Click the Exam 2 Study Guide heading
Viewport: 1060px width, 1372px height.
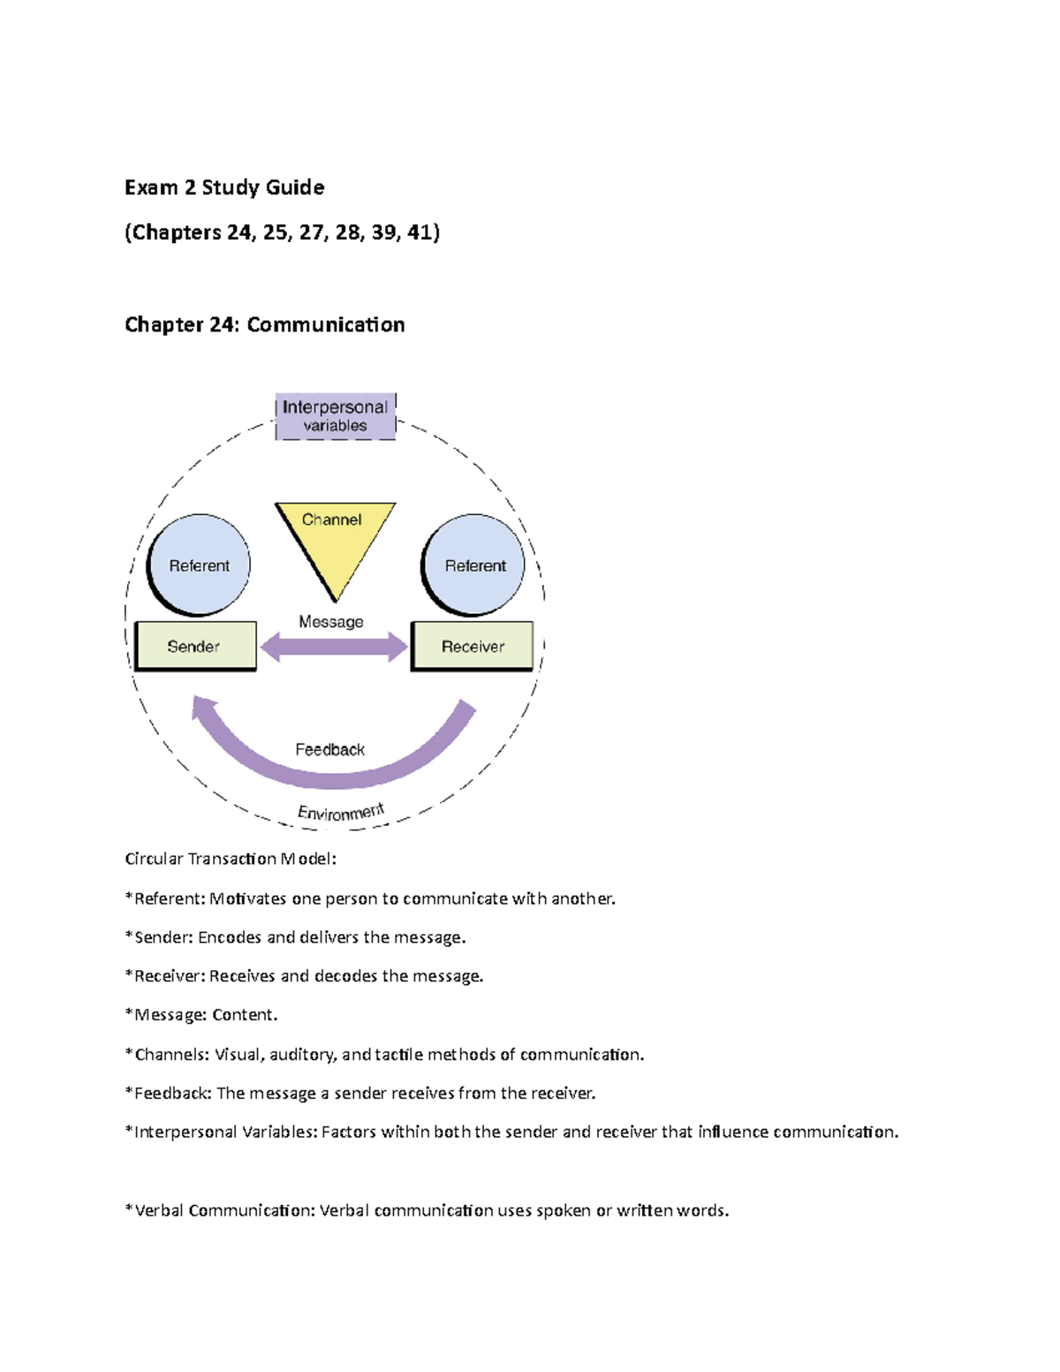[x=224, y=187]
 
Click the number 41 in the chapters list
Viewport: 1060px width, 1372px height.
[x=419, y=232]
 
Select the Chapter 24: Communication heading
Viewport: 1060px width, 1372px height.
[x=264, y=324]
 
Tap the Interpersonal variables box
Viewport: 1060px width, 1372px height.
[x=335, y=416]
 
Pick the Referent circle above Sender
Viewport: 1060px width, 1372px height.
[x=199, y=565]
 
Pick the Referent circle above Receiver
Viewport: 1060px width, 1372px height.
[x=474, y=565]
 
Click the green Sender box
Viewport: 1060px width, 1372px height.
[x=195, y=646]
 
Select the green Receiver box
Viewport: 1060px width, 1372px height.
[x=472, y=646]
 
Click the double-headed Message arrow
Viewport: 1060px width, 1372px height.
[x=334, y=647]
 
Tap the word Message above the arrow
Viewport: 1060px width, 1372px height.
[x=330, y=621]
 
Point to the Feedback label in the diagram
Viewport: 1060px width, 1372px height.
[x=329, y=749]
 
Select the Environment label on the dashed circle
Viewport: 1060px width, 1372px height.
[x=340, y=812]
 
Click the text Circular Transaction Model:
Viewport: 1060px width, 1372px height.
[x=231, y=859]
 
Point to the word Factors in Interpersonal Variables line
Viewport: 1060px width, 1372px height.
[x=348, y=1132]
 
